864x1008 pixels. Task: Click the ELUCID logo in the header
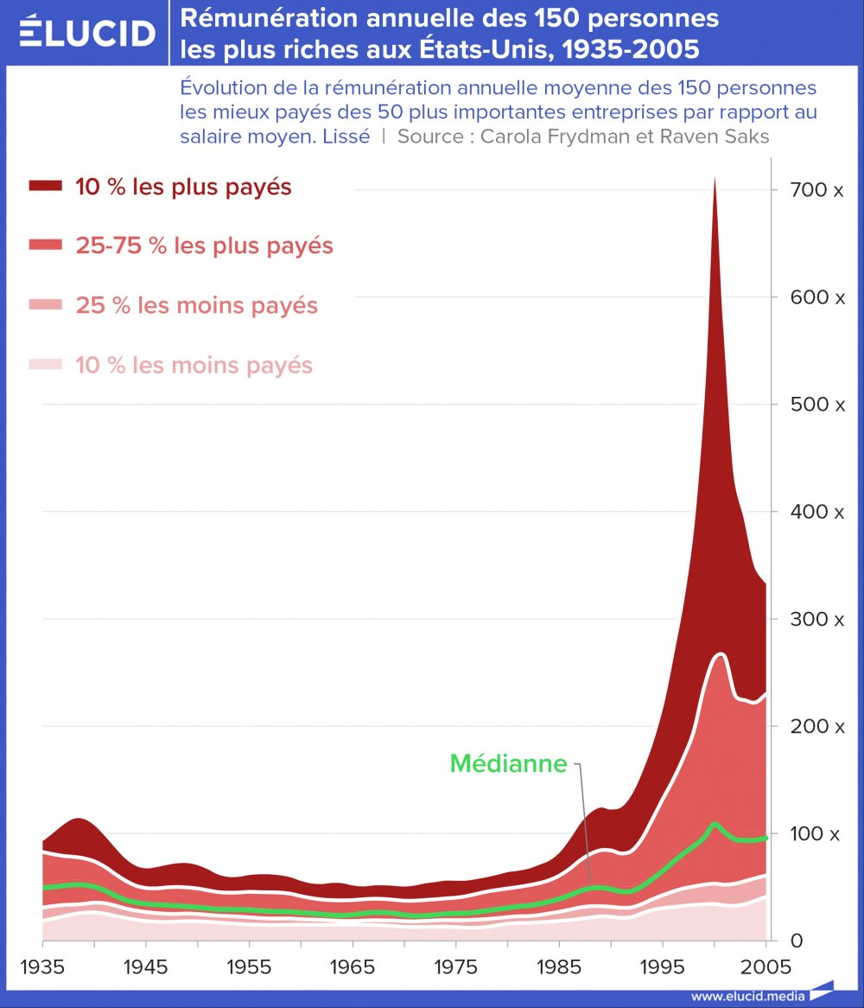click(86, 33)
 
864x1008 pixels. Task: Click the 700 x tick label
click(811, 189)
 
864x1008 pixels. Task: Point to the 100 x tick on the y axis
click(811, 833)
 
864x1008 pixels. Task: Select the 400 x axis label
click(811, 512)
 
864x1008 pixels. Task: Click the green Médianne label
click(508, 763)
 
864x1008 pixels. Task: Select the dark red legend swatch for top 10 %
click(46, 186)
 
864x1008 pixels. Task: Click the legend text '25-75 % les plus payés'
click(204, 246)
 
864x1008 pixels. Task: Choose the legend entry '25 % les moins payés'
click(196, 305)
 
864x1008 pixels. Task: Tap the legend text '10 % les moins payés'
click(194, 365)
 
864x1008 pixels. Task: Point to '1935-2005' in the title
click(630, 49)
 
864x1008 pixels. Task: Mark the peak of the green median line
click(714, 824)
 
